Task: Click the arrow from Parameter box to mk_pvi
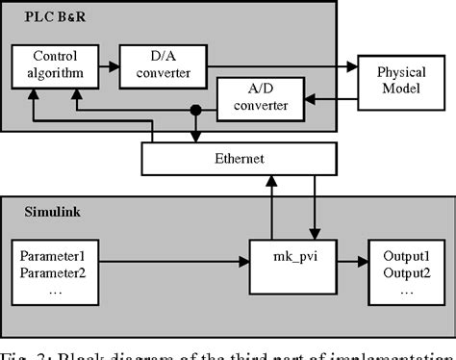click(x=173, y=262)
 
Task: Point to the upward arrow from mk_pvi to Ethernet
click(x=273, y=207)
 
